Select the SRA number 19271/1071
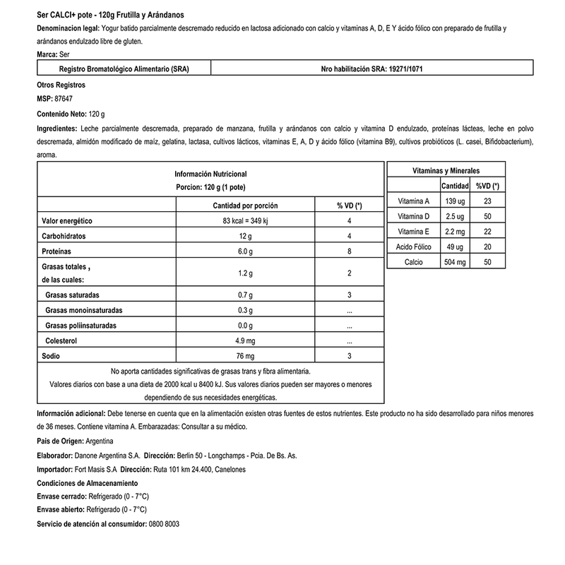click(x=399, y=69)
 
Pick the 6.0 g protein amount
click(x=245, y=251)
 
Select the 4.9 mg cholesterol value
click(x=245, y=341)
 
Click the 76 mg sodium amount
click(x=245, y=356)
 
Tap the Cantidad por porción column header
click(x=245, y=206)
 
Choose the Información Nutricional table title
click(x=210, y=174)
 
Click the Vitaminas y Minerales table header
click(x=446, y=171)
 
